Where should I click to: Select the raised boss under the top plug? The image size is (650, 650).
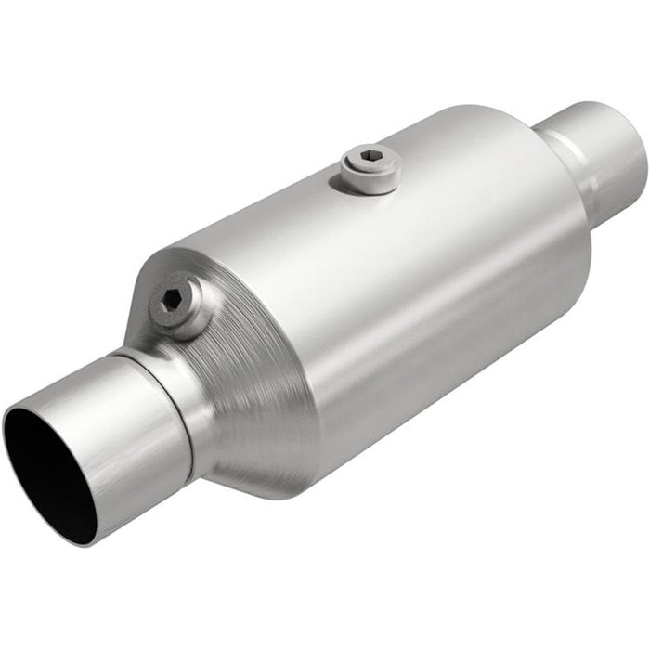click(370, 181)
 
